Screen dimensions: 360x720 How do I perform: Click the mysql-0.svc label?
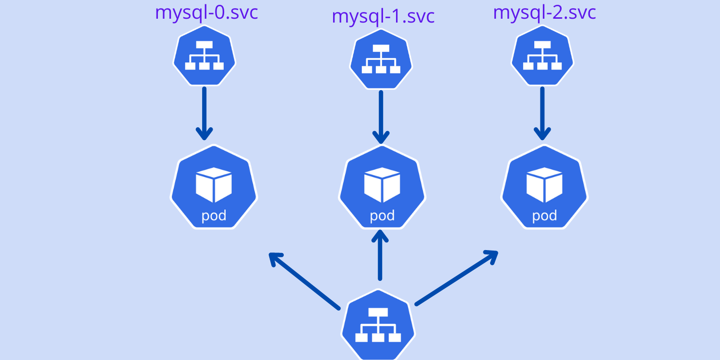point(206,13)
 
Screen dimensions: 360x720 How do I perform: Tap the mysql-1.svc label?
point(383,16)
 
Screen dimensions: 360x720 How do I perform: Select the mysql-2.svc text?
point(544,13)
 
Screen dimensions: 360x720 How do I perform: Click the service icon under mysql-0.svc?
point(204,57)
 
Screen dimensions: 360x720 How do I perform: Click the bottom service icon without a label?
point(379,325)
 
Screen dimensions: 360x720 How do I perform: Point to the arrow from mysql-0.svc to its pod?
point(204,113)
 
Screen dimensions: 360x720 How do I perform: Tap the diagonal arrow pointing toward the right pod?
point(456,277)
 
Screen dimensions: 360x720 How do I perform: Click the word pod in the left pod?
point(214,216)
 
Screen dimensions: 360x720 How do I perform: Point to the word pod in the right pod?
point(544,216)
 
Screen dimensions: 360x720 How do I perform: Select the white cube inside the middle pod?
point(382,185)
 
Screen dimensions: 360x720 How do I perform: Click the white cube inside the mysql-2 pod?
point(544,185)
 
